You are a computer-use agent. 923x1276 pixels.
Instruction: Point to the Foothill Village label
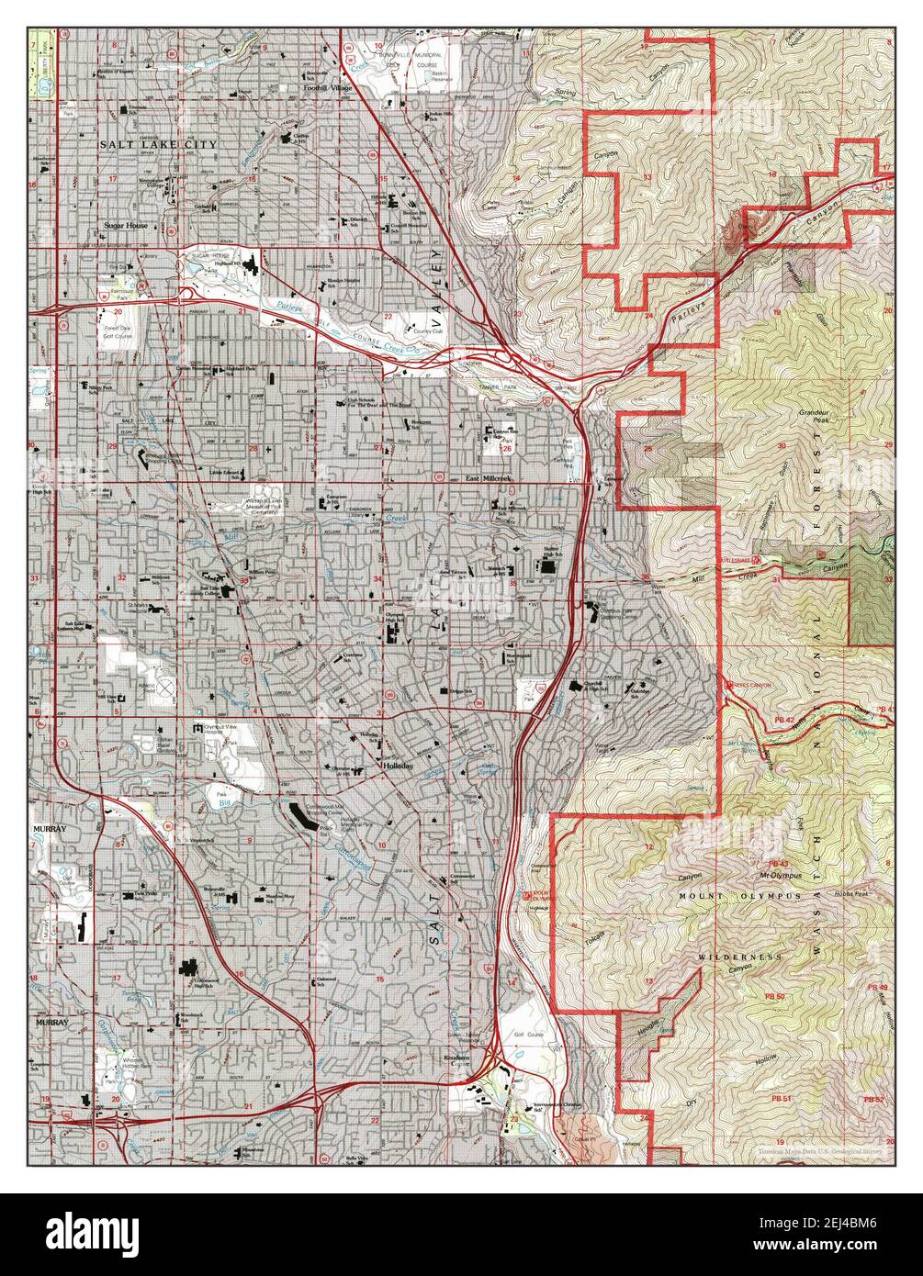click(329, 88)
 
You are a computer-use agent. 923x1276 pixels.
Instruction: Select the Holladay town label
click(399, 766)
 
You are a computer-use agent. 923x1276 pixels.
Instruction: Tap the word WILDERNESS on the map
click(739, 957)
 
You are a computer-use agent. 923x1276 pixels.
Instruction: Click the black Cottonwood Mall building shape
click(303, 816)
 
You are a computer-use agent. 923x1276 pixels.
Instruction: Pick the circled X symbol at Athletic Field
click(165, 685)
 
